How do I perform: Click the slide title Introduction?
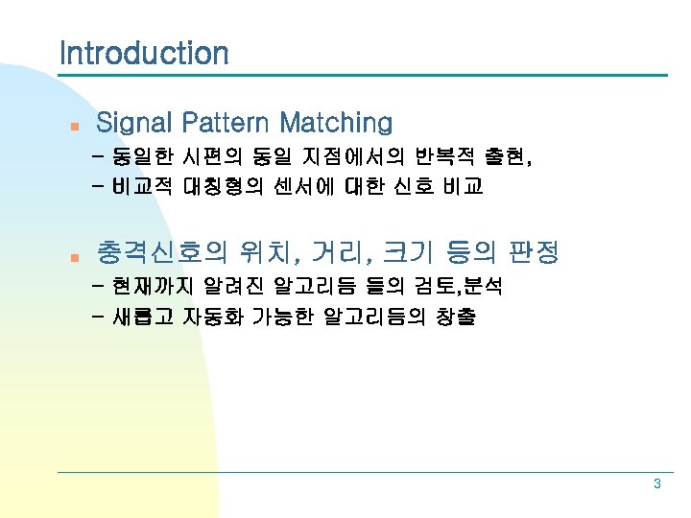144,53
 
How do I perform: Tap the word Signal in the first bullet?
134,123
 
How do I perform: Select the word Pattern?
226,123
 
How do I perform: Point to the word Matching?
336,123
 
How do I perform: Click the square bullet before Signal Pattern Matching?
61,125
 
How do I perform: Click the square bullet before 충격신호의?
61,256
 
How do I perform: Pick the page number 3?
656,484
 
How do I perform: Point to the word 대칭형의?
222,187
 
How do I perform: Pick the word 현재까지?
150,287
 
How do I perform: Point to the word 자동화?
212,317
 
